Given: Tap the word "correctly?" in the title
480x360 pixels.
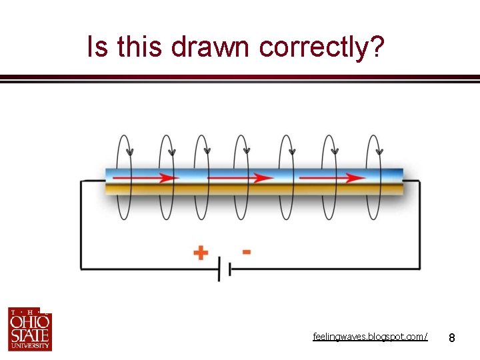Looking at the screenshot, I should point(322,48).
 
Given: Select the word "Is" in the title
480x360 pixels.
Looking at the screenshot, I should point(97,47).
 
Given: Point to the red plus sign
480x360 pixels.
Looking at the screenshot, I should point(200,253).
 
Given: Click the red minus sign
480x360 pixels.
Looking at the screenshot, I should point(247,252).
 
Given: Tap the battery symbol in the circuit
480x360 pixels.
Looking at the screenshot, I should point(224,269).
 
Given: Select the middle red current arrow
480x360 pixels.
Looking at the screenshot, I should point(240,178).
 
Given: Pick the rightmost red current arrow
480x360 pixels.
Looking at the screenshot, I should point(331,178).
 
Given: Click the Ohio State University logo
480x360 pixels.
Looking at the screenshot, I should point(29,329).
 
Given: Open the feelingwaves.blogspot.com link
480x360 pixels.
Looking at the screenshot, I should point(371,337).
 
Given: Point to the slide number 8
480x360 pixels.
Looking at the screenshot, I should point(452,338).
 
